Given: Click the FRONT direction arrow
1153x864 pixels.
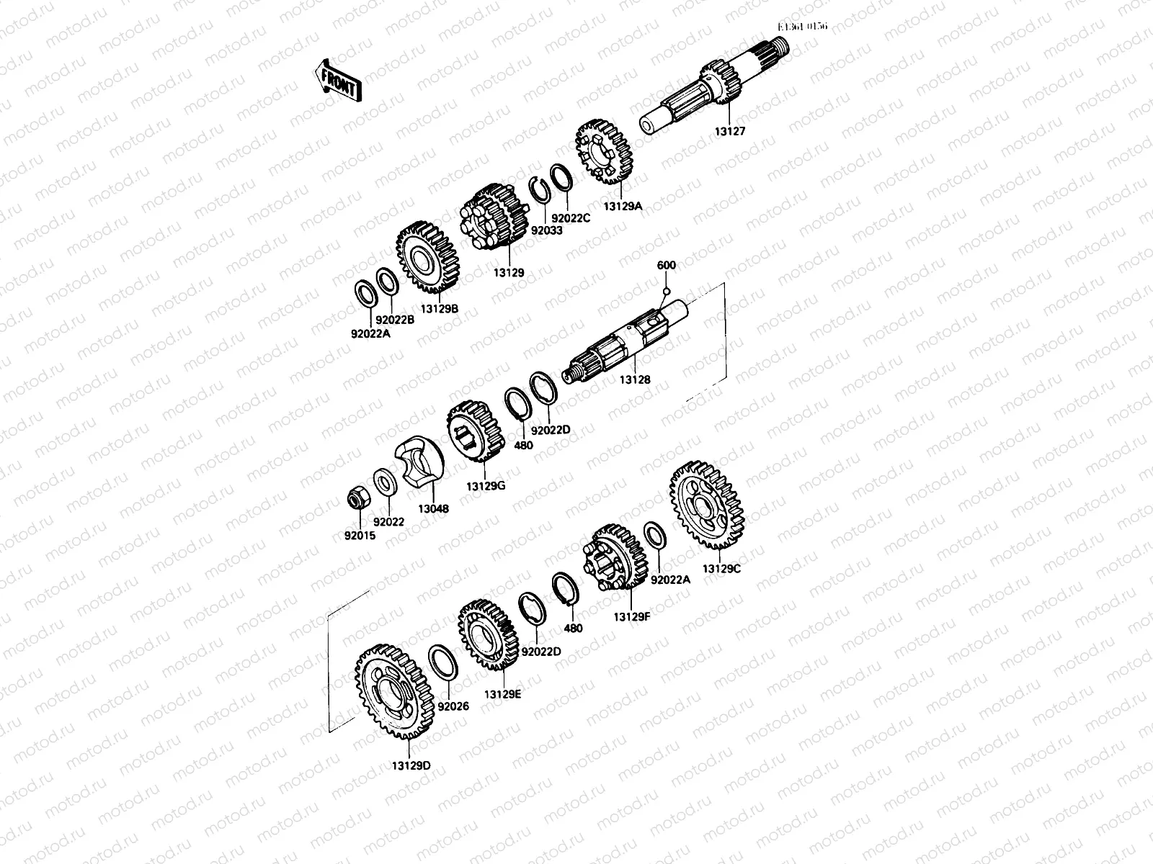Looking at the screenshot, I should coord(337,79).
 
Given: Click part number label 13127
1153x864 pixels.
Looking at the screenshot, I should coord(730,132).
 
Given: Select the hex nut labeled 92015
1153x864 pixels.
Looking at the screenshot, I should coord(356,496).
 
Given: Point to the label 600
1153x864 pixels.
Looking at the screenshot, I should coord(667,265).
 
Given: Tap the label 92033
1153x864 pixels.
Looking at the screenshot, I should coord(546,230).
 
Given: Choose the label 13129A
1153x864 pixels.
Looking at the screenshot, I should coord(623,206).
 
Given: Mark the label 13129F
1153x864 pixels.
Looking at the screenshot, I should coord(632,616).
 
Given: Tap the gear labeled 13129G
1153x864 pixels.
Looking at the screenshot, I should coord(475,434).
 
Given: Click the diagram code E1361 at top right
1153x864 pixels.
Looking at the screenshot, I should coord(803,27).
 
